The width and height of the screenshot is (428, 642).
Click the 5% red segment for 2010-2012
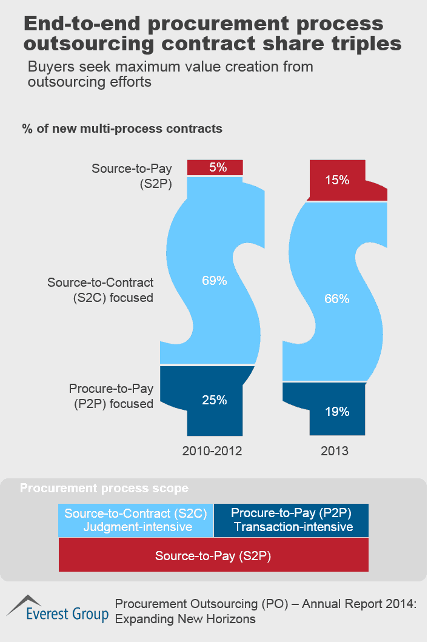[215, 167]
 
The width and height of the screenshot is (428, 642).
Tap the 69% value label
[215, 281]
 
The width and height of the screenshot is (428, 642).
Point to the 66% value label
[336, 299]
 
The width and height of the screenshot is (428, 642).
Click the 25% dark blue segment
[215, 400]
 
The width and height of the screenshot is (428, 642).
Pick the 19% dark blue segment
[336, 412]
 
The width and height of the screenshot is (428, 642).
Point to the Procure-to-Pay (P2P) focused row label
[111, 396]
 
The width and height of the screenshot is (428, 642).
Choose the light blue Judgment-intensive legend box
[136, 520]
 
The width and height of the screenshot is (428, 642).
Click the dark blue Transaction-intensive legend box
[292, 520]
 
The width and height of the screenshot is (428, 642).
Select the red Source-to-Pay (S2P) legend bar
[213, 555]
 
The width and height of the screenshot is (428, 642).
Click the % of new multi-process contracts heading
[122, 129]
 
